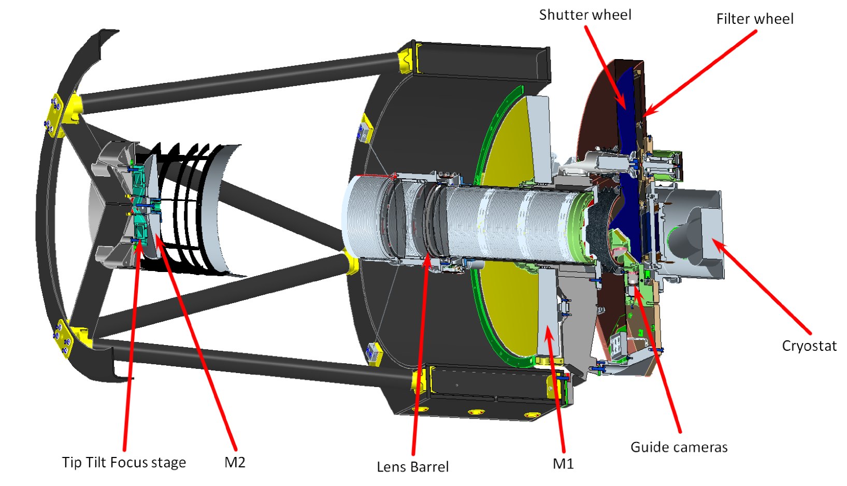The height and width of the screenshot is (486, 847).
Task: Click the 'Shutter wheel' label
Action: point(585,15)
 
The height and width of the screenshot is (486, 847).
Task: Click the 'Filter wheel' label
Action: point(754,19)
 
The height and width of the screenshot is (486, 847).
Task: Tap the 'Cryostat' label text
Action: point(809,346)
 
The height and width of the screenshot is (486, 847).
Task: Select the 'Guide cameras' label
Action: point(679,447)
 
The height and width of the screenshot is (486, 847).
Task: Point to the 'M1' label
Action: point(563,464)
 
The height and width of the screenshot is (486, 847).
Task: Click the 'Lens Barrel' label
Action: point(412,467)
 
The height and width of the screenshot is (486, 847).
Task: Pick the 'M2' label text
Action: point(235,462)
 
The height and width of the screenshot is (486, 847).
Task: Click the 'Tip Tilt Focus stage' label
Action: point(124,462)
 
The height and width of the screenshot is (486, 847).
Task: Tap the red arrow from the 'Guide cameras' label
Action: point(658,363)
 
